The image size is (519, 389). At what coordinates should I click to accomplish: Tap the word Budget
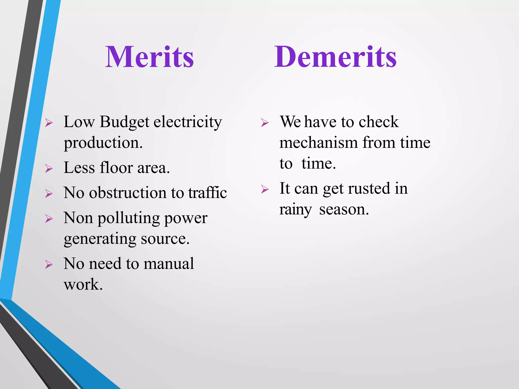[x=124, y=122]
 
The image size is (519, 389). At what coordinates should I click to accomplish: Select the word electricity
[x=188, y=122]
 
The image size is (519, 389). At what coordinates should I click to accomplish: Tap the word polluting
[x=129, y=218]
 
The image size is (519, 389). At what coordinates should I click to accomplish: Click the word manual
[x=169, y=264]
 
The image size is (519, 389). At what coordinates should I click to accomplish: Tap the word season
[x=344, y=210]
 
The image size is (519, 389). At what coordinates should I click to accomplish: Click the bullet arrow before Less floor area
[x=49, y=168]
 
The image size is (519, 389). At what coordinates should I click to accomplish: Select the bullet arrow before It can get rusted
[x=265, y=189]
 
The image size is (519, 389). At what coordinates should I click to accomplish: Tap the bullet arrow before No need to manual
[x=49, y=265]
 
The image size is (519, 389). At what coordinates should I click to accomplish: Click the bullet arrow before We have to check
[x=265, y=123]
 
